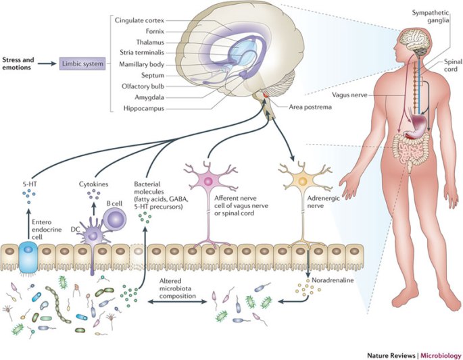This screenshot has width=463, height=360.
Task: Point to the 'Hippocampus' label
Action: click(x=147, y=108)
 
